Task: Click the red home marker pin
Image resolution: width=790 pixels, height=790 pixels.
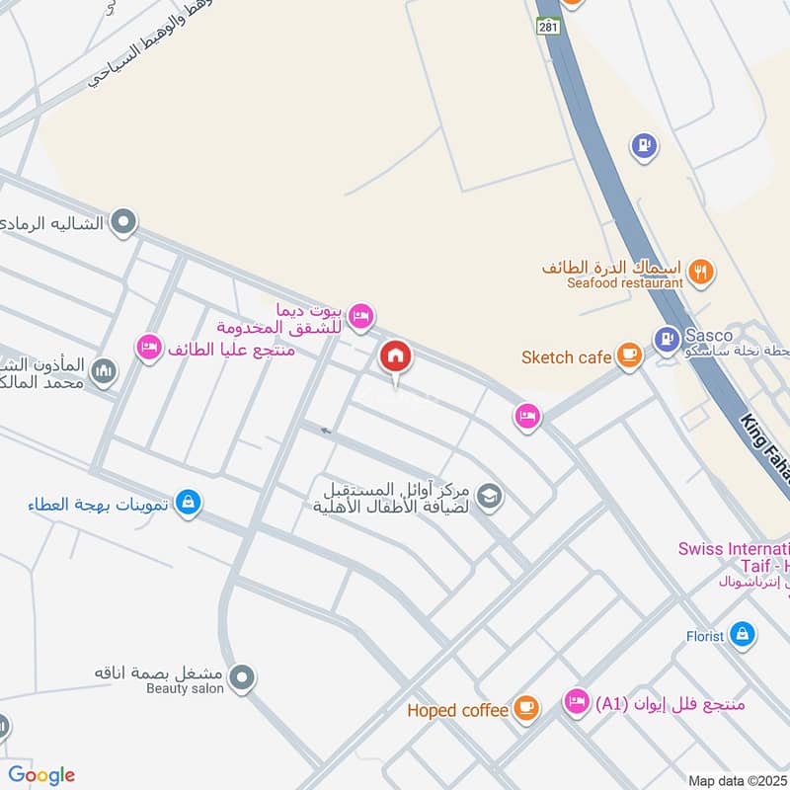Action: (x=395, y=356)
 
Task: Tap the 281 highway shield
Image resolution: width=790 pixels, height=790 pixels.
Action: (x=550, y=27)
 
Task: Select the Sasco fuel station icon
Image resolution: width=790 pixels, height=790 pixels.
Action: (x=667, y=338)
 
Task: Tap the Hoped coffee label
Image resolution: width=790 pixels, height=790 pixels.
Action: (x=457, y=710)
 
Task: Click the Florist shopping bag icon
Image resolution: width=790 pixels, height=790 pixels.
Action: (x=744, y=635)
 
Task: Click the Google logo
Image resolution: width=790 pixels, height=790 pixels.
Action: (x=41, y=775)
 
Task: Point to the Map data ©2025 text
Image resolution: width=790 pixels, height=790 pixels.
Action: (x=737, y=780)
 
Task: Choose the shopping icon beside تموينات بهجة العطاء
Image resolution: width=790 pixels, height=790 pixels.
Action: (x=189, y=504)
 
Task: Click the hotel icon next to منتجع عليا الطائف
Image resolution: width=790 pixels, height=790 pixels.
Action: (x=149, y=348)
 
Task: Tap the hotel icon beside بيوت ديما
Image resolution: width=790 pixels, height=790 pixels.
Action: (x=362, y=315)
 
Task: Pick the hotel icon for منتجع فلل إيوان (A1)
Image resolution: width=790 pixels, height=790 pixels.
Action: (x=575, y=702)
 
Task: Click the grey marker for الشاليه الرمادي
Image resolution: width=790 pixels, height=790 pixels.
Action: (x=123, y=222)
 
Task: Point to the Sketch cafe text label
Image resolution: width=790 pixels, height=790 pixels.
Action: (x=566, y=356)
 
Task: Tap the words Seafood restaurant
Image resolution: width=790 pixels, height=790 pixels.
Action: (x=625, y=283)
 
